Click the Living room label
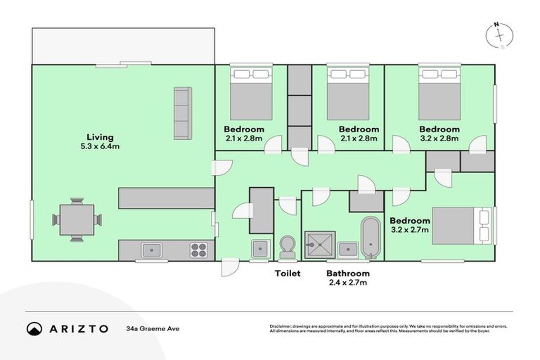pos(100,136)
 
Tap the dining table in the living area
pos(77,219)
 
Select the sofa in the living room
pos(182,113)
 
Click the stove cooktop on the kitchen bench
pos(198,250)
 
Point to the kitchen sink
pos(151,250)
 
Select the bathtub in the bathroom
pos(370,238)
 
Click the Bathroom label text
pos(348,274)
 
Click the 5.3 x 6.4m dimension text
pos(100,146)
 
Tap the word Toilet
pos(288,274)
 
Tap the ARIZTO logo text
pos(78,328)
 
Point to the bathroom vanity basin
pos(347,248)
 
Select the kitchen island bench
pos(167,198)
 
